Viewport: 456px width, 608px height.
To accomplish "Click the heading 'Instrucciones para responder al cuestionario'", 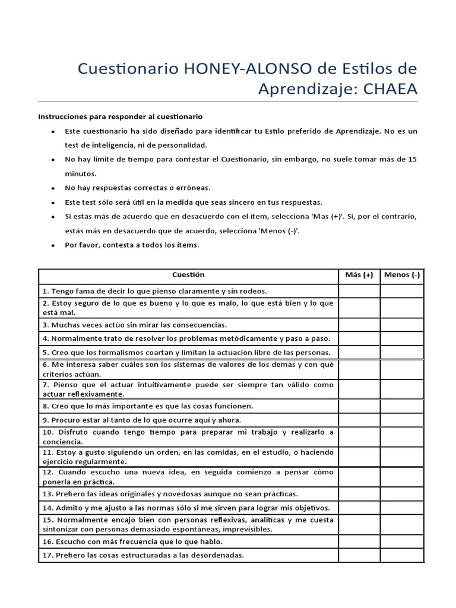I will click(121, 117).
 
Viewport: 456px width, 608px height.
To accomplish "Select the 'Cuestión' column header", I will click(188, 275).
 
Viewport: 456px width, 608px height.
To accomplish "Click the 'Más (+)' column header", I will click(359, 275).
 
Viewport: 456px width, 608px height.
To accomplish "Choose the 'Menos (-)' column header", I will click(402, 275).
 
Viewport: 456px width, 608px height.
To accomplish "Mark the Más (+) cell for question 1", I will click(359, 291).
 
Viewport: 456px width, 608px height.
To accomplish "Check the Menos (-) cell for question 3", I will click(402, 325).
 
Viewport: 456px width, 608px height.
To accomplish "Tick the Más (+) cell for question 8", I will click(359, 406).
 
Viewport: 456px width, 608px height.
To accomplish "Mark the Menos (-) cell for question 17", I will click(402, 556).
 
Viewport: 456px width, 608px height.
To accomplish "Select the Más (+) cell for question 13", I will click(359, 494).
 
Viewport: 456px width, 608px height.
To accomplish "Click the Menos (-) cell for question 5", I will click(402, 352).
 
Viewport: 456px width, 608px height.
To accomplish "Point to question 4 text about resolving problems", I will click(186, 338).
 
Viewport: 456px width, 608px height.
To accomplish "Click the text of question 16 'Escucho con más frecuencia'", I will click(132, 542).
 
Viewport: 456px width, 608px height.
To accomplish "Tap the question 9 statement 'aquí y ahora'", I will click(141, 420).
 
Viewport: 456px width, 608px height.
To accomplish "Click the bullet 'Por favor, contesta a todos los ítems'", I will click(132, 245).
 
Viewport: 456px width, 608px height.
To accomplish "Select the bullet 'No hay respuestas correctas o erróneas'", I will click(137, 188).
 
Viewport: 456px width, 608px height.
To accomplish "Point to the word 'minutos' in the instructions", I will click(80, 174).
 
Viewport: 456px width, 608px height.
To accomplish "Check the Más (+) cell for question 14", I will click(359, 508).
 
